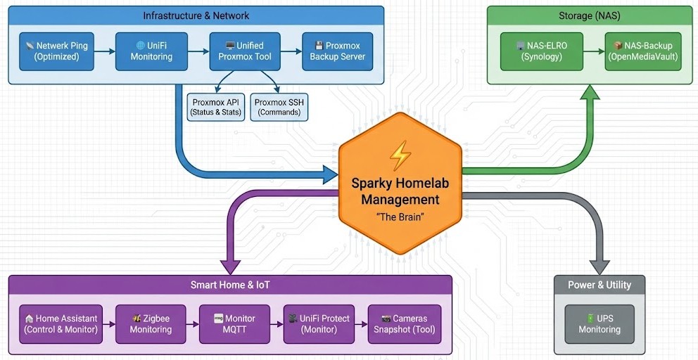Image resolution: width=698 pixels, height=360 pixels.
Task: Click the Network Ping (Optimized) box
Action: tap(57, 51)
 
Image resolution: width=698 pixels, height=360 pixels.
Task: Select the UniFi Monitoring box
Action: tap(151, 51)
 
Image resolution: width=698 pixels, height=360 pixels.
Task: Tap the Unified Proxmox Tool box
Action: tap(245, 51)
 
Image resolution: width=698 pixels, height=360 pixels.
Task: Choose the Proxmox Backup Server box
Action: tap(338, 51)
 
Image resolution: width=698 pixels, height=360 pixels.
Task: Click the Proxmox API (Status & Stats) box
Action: tap(216, 107)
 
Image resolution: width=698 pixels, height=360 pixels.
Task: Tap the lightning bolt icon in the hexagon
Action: tap(400, 155)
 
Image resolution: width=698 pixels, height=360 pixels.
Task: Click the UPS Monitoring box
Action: tap(599, 324)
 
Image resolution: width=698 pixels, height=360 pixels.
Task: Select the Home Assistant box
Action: tap(61, 324)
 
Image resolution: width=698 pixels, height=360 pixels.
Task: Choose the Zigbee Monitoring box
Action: tap(151, 324)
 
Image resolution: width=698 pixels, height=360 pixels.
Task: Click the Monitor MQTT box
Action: tap(234, 324)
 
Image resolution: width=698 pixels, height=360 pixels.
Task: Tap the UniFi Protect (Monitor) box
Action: tap(319, 324)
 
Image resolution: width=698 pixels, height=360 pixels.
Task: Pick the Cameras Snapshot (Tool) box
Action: tap(405, 324)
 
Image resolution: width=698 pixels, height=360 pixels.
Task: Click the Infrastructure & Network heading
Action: tap(196, 15)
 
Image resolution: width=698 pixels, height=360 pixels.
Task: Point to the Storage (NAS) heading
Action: tap(589, 15)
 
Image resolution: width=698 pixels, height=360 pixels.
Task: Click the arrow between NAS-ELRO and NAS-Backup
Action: tap(596, 51)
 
